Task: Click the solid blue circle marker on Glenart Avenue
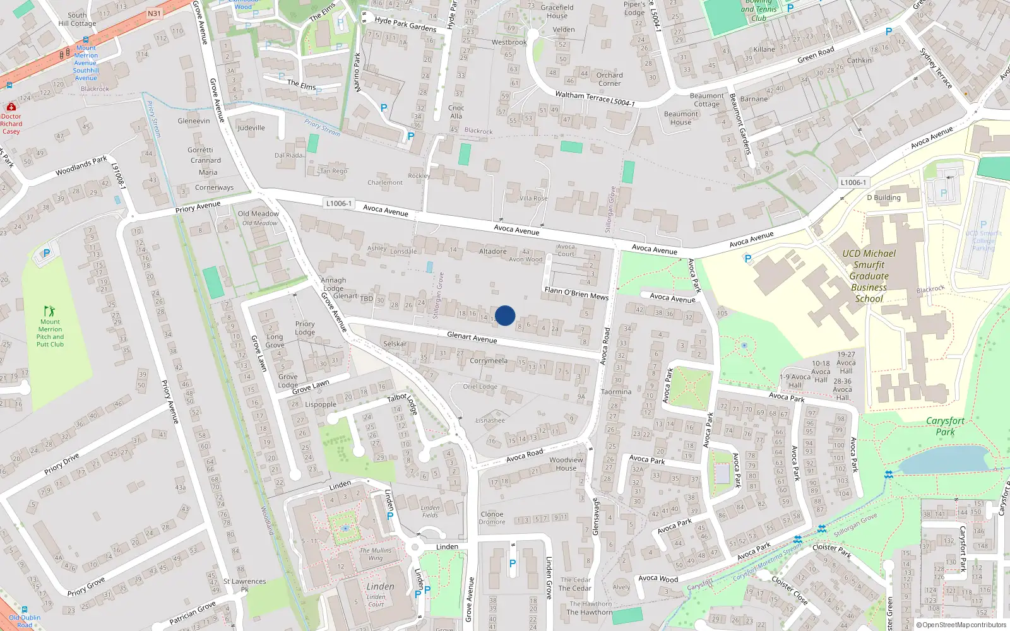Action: click(x=505, y=315)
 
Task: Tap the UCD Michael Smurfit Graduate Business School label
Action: click(x=869, y=276)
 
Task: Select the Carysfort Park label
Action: click(x=945, y=426)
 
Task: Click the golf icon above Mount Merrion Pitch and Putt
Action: click(x=49, y=311)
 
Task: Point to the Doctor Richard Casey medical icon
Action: click(x=11, y=107)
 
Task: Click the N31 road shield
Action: click(x=154, y=13)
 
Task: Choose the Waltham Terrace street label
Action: click(x=582, y=96)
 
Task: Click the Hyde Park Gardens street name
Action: click(x=405, y=24)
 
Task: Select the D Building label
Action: click(x=883, y=198)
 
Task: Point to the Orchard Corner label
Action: click(x=609, y=79)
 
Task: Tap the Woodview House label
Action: click(x=566, y=464)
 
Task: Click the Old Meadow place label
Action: click(x=258, y=214)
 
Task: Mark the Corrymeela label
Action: click(x=488, y=361)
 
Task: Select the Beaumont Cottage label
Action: click(x=706, y=100)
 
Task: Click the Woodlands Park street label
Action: click(x=81, y=166)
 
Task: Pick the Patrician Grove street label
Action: click(x=193, y=612)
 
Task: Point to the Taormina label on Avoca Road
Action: click(x=615, y=392)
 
